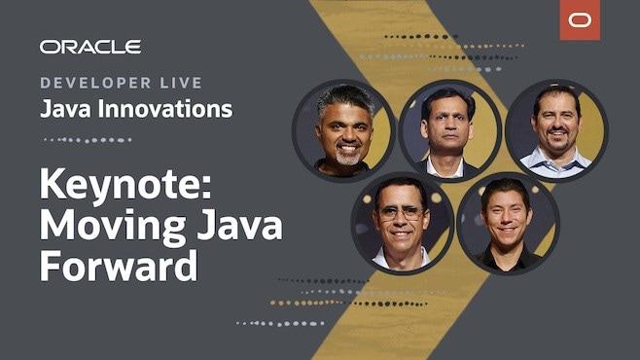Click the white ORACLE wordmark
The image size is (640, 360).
pyautogui.click(x=90, y=47)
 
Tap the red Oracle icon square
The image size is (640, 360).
pyautogui.click(x=579, y=20)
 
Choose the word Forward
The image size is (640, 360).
pyautogui.click(x=119, y=265)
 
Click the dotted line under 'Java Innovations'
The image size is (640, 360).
pyautogui.click(x=87, y=139)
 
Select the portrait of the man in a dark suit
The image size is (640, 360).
pyautogui.click(x=448, y=129)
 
